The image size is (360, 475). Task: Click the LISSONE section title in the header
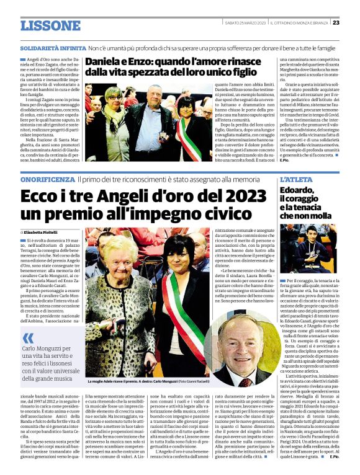click(50, 25)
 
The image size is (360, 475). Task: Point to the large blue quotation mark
click(28, 338)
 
